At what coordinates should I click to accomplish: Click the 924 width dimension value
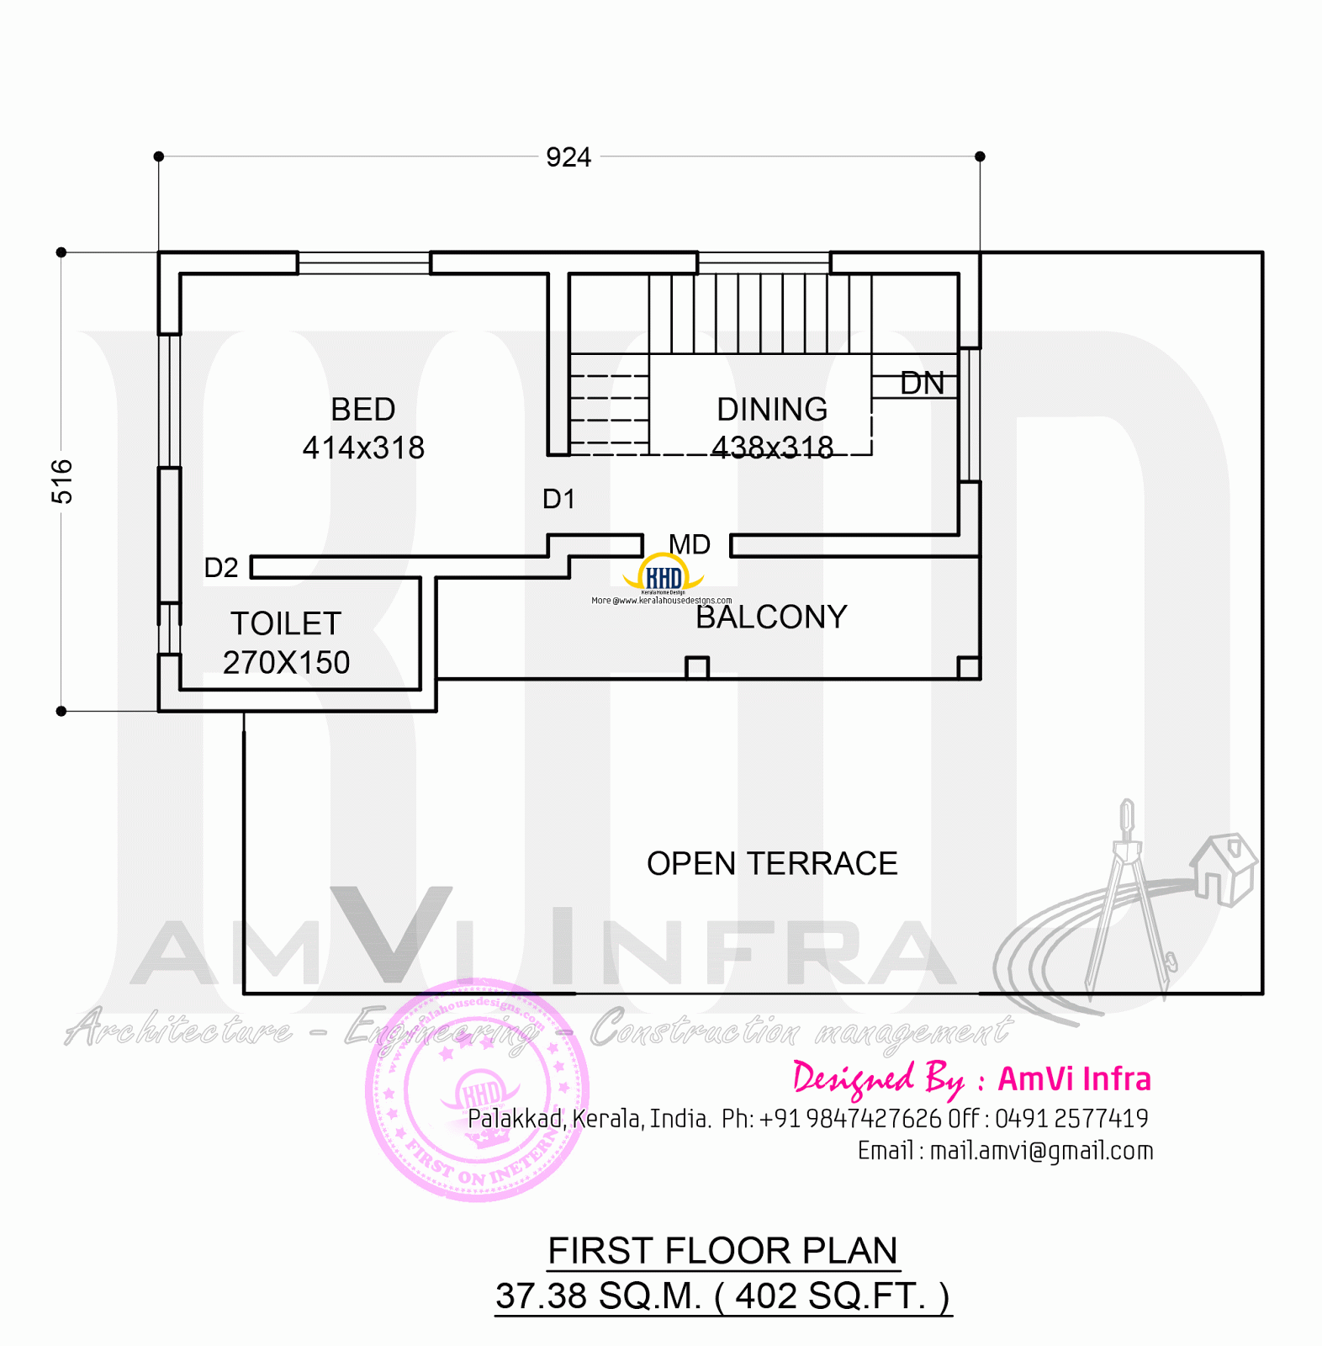(x=568, y=157)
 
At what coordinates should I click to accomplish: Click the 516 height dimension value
(x=62, y=482)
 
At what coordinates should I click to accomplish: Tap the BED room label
(x=362, y=410)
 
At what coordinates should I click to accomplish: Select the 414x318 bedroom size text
(x=363, y=448)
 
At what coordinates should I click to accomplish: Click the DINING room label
(x=772, y=410)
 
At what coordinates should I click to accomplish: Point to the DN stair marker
(x=922, y=384)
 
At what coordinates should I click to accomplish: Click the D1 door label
(x=558, y=499)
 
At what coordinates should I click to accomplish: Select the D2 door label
(x=221, y=568)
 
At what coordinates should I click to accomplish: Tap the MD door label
(x=690, y=544)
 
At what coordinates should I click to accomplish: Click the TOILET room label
(x=286, y=624)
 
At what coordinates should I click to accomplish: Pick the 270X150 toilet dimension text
(x=286, y=663)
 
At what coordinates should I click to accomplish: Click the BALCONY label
(x=771, y=617)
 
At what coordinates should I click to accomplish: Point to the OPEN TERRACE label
(x=772, y=864)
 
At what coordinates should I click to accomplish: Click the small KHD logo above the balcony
(x=663, y=577)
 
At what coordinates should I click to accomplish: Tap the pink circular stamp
(x=477, y=1090)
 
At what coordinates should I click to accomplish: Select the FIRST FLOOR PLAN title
(x=723, y=1251)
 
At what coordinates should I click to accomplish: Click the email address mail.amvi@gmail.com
(x=1041, y=1151)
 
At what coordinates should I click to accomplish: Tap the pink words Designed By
(x=878, y=1079)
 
